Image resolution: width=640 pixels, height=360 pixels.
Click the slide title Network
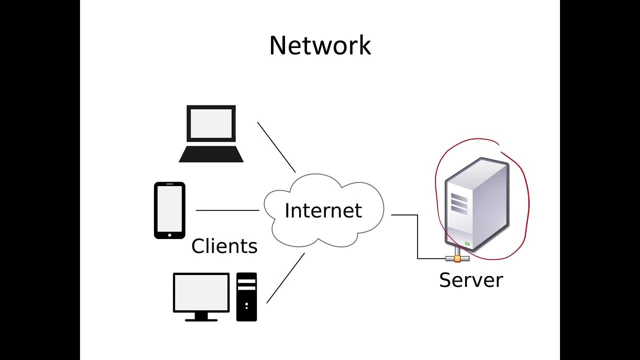320,45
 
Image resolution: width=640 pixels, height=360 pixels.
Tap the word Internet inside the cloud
323,210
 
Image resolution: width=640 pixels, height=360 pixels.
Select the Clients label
224,246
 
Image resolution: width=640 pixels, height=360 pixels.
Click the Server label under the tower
470,279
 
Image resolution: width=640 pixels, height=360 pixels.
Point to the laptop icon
211,133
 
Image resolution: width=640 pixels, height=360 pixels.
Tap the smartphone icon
169,210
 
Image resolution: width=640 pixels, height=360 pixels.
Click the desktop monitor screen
201,292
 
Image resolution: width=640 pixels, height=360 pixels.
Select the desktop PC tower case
246,296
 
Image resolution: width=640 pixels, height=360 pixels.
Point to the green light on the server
467,244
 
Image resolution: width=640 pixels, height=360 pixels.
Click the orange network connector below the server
457,258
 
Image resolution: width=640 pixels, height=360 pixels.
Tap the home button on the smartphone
169,235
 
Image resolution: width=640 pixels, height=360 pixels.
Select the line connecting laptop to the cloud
276,146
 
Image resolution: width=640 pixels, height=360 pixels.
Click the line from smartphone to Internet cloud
227,210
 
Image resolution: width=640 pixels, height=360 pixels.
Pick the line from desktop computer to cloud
285,278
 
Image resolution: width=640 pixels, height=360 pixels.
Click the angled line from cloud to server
417,235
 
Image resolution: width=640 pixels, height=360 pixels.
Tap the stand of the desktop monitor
201,317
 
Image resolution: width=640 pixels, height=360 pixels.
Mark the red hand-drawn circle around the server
527,200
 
